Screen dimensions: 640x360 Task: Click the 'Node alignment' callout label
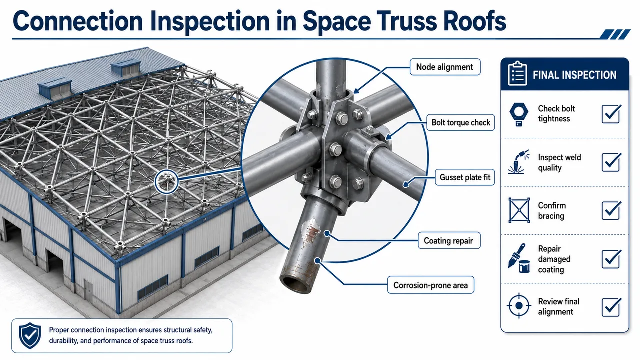click(x=445, y=67)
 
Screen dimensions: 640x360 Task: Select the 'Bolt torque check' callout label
click(x=461, y=122)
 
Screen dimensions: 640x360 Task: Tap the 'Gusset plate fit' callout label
click(x=465, y=177)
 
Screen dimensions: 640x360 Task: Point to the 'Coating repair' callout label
click(x=449, y=240)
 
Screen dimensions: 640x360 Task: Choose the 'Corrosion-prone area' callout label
click(x=431, y=285)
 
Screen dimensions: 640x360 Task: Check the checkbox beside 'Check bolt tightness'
click(x=611, y=114)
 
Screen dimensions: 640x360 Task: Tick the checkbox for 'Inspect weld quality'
click(x=611, y=162)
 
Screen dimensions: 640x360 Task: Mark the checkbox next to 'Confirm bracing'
click(x=611, y=210)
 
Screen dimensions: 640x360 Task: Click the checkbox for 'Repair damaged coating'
click(x=611, y=259)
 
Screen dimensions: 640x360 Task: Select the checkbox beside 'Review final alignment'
click(x=611, y=307)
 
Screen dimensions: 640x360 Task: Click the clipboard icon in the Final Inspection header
click(x=517, y=73)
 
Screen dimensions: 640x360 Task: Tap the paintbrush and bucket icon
click(x=519, y=258)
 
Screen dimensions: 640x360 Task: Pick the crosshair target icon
click(x=519, y=305)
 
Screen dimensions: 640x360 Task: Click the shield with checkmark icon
click(x=30, y=336)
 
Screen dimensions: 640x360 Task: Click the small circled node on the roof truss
click(x=167, y=182)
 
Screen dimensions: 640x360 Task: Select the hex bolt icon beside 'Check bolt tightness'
click(x=519, y=114)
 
